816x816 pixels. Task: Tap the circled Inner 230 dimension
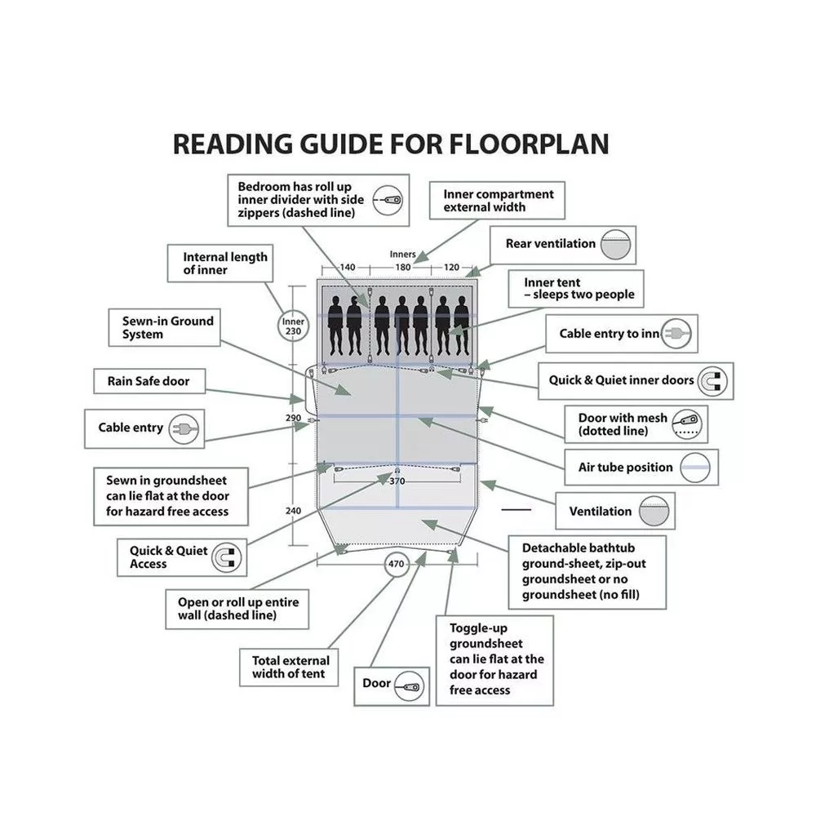coord(293,326)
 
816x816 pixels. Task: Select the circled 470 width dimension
coord(397,563)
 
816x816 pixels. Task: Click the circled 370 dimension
coord(397,481)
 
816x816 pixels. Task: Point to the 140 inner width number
coord(348,267)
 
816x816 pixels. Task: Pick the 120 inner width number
coord(451,267)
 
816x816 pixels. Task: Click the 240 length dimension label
coord(293,511)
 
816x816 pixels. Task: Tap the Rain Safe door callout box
coord(149,381)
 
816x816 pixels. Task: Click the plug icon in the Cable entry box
coord(184,428)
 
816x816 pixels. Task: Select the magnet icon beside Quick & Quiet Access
coord(226,557)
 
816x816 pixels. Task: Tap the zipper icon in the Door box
coord(410,684)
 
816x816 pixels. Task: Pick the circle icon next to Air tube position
coord(695,468)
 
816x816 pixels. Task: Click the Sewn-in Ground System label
coord(168,327)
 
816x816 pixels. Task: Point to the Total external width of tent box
coord(290,667)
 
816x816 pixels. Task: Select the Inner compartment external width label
coord(498,201)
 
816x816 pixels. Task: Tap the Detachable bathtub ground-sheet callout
coord(588,571)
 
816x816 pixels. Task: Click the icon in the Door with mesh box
coord(690,424)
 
